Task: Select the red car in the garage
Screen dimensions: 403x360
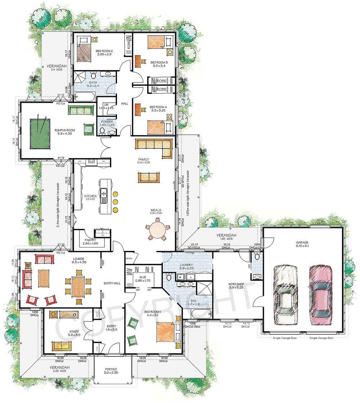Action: (319, 294)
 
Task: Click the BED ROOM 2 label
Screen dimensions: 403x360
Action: (104, 51)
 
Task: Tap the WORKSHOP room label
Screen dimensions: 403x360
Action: (237, 285)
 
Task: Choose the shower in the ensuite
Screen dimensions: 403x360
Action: (204, 289)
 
